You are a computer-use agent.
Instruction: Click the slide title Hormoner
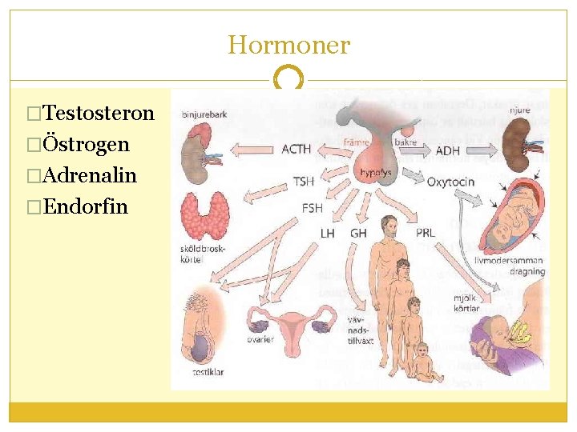coord(288,45)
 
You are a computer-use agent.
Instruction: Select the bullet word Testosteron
coord(99,114)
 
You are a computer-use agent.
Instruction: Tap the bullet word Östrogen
coord(87,145)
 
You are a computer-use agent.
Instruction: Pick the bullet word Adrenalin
coord(91,175)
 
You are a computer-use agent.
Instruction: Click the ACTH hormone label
coord(297,149)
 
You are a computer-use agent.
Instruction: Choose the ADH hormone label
coord(447,150)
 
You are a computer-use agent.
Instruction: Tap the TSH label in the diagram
coord(304,182)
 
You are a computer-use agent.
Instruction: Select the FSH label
coord(312,208)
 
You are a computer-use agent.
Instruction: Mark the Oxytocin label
coord(450,182)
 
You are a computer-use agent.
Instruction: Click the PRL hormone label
coord(426,233)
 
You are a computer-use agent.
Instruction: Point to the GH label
coord(358,233)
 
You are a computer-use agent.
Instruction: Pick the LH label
coord(328,233)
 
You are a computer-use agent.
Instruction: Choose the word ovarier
coord(261,339)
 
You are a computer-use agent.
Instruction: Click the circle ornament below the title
coord(288,80)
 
